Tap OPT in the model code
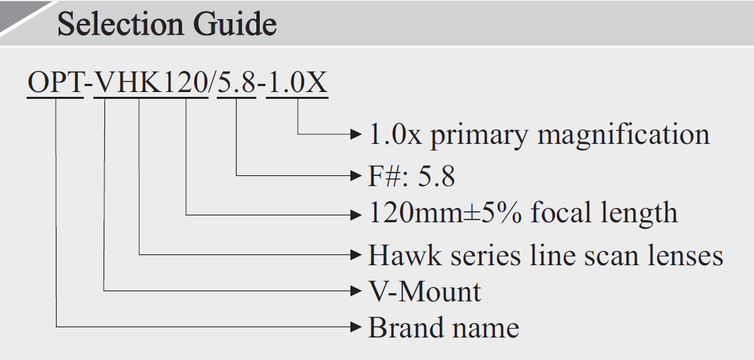click(x=55, y=83)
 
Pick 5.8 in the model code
click(x=237, y=83)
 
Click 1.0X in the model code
click(x=297, y=83)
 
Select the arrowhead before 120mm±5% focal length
click(x=354, y=214)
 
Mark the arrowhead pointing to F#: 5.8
click(x=354, y=176)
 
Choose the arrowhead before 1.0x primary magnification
click(x=354, y=134)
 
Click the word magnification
click(x=624, y=134)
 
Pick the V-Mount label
click(x=424, y=292)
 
